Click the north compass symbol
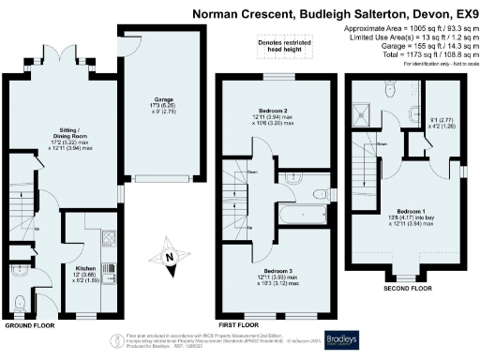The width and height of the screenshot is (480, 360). click(169, 258)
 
